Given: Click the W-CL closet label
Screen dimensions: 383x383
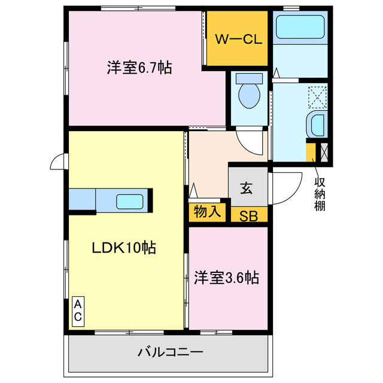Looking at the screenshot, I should click(238, 39).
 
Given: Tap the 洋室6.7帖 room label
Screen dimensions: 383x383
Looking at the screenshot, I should click(139, 68).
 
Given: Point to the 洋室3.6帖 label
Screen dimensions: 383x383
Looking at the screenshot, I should click(226, 278).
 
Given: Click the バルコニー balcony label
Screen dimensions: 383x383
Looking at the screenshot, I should click(171, 352).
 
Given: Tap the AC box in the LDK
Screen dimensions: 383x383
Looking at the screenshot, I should click(78, 311).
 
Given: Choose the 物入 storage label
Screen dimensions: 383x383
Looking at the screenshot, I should click(208, 211).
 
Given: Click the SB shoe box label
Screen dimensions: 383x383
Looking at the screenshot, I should click(248, 216).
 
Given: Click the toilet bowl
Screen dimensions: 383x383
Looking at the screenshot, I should click(248, 95).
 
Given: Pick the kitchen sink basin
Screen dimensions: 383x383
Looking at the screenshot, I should click(129, 201).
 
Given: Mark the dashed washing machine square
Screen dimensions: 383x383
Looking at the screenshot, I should click(317, 96).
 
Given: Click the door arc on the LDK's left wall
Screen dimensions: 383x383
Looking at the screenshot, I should click(59, 160).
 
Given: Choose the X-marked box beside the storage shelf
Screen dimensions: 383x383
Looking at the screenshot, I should click(324, 151).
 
